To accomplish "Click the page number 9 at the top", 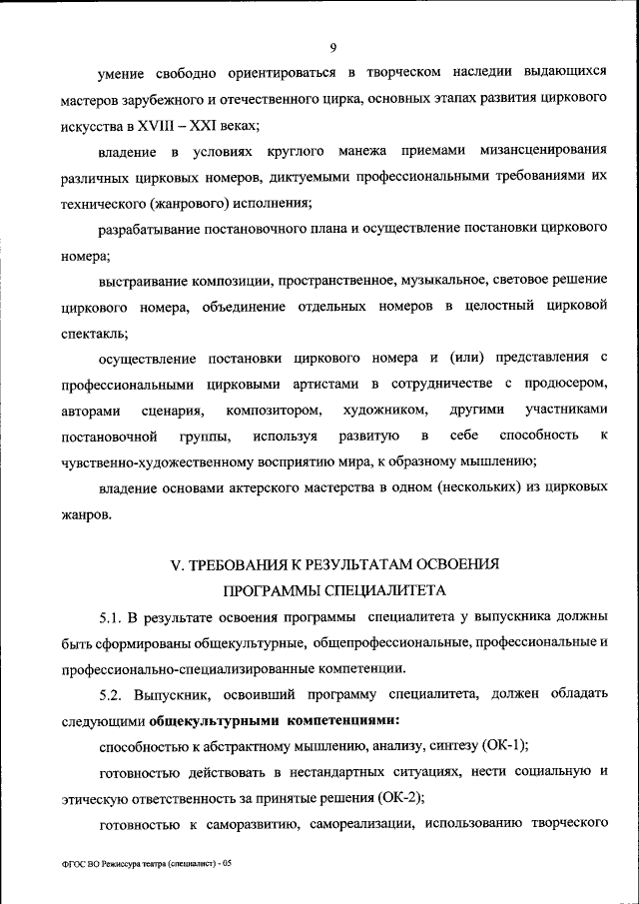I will (x=333, y=45).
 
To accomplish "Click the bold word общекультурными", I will (x=207, y=719).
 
